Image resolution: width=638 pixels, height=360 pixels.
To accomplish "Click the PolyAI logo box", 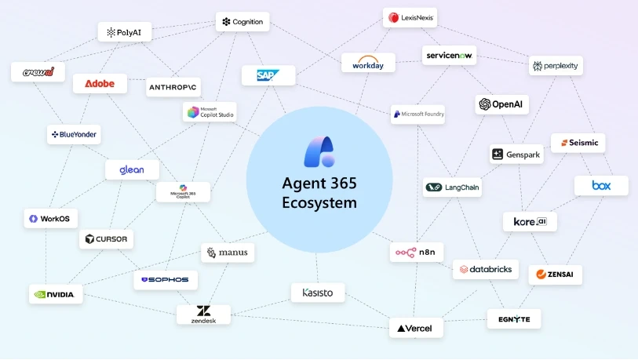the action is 125,32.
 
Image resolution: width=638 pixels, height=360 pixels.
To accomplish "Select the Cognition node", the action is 242,21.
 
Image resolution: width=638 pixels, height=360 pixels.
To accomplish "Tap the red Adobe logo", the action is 100,83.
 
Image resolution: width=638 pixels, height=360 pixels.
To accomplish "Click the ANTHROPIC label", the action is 173,87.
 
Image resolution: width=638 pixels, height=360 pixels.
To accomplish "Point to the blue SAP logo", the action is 268,75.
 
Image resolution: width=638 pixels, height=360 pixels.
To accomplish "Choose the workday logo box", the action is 368,63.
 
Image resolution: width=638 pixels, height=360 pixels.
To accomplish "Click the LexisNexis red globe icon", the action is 393,17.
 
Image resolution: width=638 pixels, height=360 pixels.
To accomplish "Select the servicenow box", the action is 449,56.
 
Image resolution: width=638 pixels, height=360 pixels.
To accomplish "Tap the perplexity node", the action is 556,66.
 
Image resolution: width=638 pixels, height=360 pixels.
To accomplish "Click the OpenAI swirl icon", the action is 485,104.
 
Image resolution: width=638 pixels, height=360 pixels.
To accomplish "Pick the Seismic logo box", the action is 578,143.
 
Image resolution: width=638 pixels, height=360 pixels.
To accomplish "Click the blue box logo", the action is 601,186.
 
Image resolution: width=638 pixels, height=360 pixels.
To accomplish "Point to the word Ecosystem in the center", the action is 319,202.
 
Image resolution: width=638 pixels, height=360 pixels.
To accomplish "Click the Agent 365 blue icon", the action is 320,151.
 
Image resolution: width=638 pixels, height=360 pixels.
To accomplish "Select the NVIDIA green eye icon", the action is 40,294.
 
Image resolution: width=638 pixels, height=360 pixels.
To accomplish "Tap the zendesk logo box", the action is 203,315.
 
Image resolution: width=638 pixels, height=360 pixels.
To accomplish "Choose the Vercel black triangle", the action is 401,329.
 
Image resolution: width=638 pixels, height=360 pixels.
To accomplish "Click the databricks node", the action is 486,269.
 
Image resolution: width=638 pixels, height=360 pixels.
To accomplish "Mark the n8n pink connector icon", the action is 406,253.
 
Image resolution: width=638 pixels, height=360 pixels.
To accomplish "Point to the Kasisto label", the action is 318,293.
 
